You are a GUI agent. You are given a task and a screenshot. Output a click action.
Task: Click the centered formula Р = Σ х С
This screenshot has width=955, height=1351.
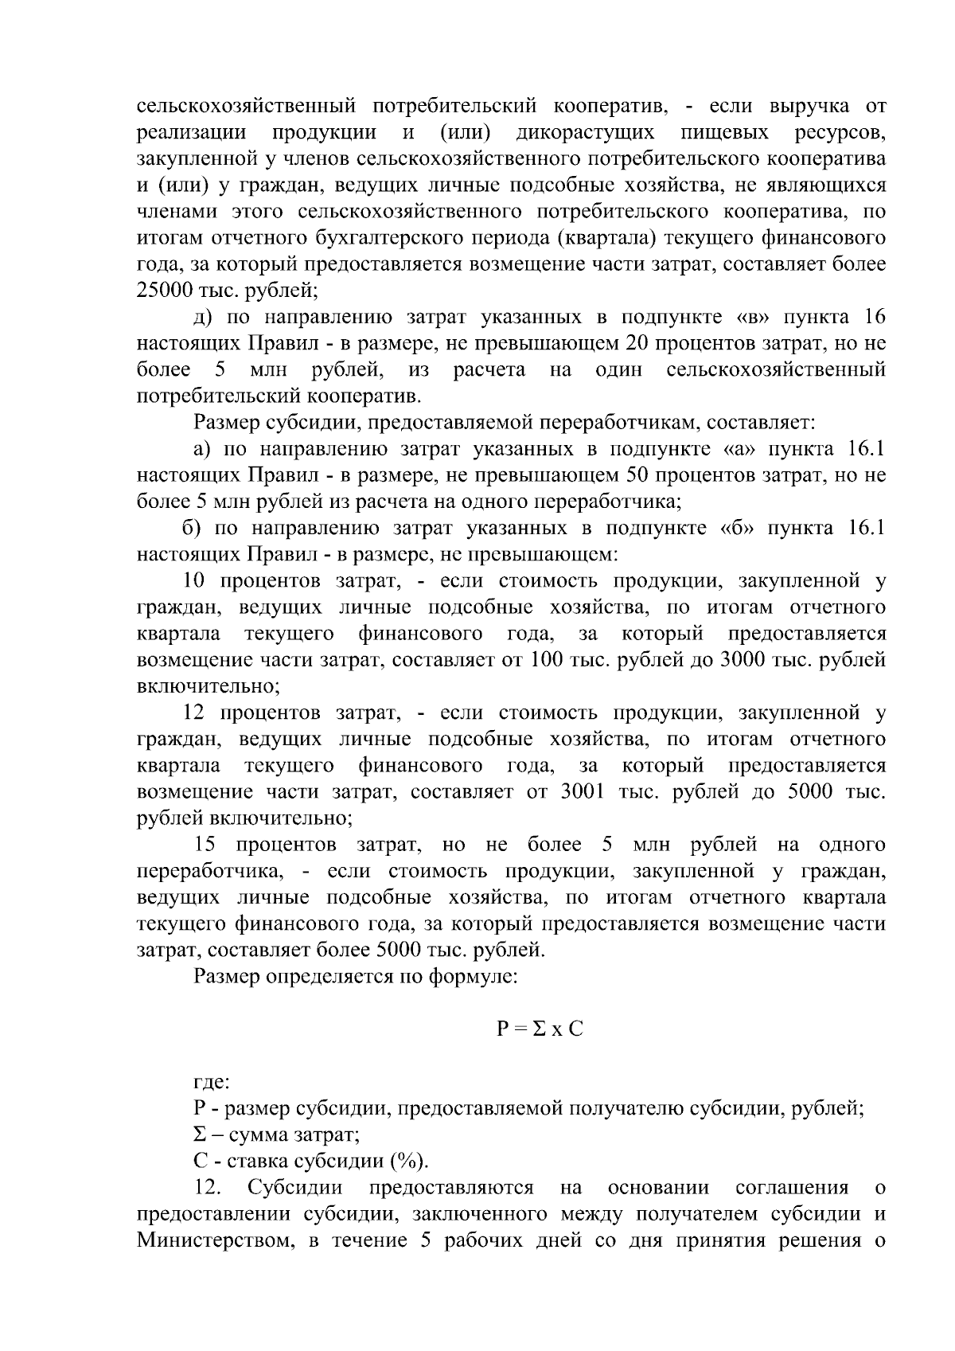(x=540, y=1029)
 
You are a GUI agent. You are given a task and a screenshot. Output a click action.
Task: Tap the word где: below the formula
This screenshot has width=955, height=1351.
(x=212, y=1083)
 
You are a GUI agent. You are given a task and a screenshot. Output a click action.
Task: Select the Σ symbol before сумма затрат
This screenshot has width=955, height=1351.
(x=201, y=1135)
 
